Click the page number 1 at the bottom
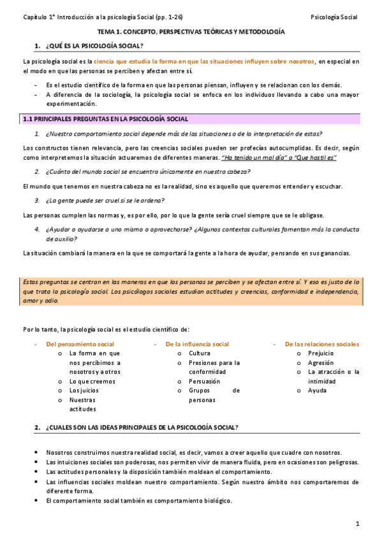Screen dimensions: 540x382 tap(358, 523)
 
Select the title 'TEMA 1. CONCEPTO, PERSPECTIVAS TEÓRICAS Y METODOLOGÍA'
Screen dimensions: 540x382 tap(191, 31)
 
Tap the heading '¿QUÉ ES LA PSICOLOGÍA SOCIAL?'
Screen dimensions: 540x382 tap(94, 46)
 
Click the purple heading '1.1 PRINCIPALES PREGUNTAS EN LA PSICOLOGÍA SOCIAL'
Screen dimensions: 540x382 tap(114, 119)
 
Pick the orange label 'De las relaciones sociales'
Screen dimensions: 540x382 tap(321, 344)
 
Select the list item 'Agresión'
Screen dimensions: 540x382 tap(320, 362)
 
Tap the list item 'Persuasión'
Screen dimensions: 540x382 tap(204, 381)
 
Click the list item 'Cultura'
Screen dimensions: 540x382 tap(200, 353)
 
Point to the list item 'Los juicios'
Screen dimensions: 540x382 tap(84, 390)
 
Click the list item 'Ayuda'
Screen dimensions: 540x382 tap(317, 390)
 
